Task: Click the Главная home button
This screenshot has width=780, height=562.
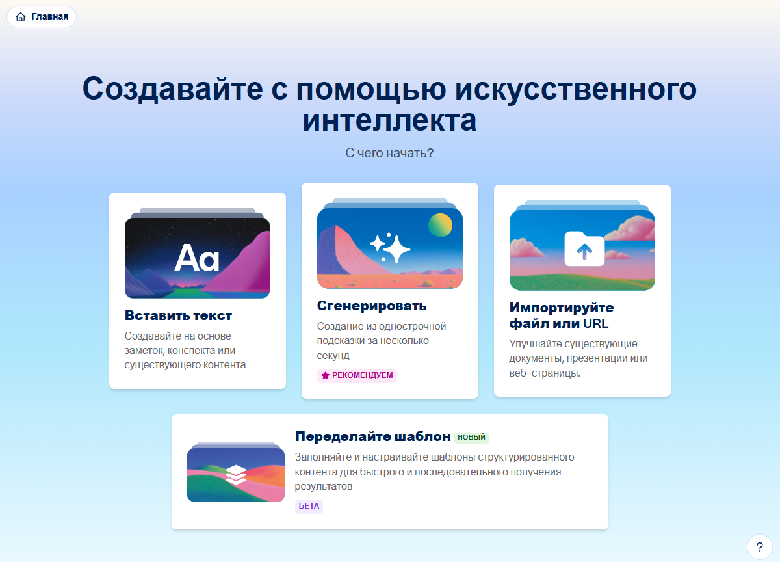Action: pyautogui.click(x=42, y=17)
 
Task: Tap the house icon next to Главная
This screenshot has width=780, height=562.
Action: pyautogui.click(x=21, y=17)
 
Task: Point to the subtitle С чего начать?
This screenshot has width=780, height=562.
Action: pyautogui.click(x=389, y=153)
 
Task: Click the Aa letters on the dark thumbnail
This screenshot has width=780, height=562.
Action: pyautogui.click(x=197, y=258)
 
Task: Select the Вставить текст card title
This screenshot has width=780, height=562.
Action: pyautogui.click(x=178, y=315)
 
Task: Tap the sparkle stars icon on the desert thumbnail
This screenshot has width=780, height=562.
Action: pyautogui.click(x=389, y=247)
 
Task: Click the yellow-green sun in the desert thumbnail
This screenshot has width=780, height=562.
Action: pyautogui.click(x=440, y=225)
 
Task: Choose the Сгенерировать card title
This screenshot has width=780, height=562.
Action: pyautogui.click(x=372, y=306)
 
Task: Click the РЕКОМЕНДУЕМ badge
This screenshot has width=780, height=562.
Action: pyautogui.click(x=357, y=375)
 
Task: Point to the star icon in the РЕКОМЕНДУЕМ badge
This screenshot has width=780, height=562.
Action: pyautogui.click(x=325, y=375)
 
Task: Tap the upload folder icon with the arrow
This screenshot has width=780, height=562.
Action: pyautogui.click(x=584, y=248)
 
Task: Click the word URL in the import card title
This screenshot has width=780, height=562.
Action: pyautogui.click(x=595, y=323)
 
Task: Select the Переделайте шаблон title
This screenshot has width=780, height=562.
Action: pyautogui.click(x=372, y=436)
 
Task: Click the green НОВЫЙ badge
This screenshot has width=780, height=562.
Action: pyautogui.click(x=471, y=437)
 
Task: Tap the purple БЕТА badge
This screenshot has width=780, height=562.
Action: pyautogui.click(x=309, y=506)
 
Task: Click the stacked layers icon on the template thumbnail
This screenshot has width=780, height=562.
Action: pyautogui.click(x=236, y=475)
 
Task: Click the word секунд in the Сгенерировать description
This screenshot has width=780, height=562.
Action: pyautogui.click(x=333, y=355)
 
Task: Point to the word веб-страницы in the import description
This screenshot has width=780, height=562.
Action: pyautogui.click(x=545, y=373)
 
